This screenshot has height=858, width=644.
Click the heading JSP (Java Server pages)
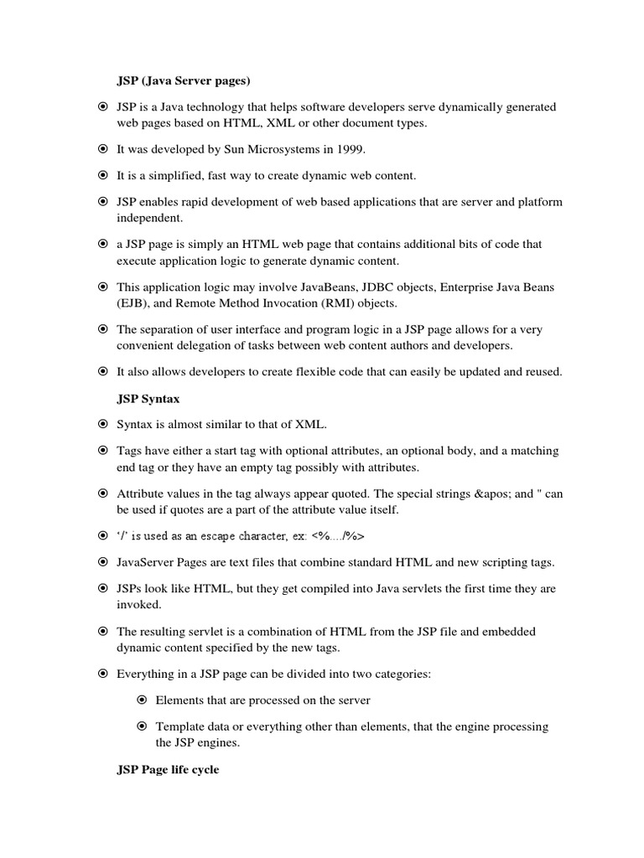click(x=184, y=80)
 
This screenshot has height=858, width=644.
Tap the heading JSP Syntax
click(x=148, y=400)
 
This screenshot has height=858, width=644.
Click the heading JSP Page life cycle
click(x=168, y=769)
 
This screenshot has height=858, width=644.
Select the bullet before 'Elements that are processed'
click(x=142, y=700)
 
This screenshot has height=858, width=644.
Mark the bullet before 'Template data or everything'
click(x=142, y=726)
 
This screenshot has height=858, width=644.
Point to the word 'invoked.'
click(x=139, y=604)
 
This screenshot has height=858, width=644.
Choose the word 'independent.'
click(x=148, y=218)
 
